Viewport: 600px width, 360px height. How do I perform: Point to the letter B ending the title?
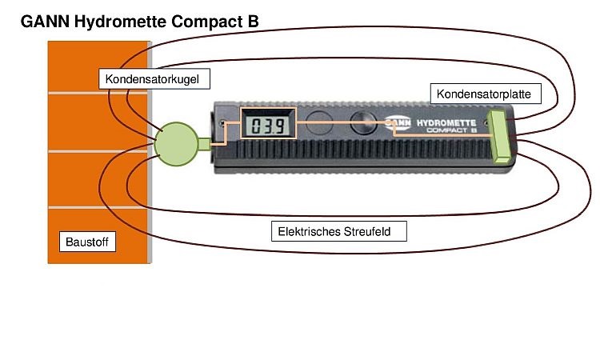pyautogui.click(x=253, y=22)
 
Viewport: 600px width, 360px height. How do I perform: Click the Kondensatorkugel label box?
pyautogui.click(x=157, y=79)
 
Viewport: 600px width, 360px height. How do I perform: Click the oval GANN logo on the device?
pyautogui.click(x=398, y=123)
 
